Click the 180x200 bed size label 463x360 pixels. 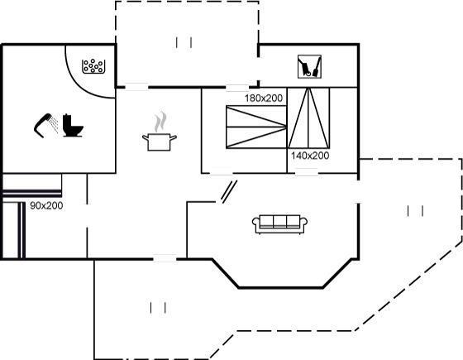coord(264,98)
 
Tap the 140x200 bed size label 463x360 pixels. coord(310,156)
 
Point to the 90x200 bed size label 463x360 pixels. coord(46,206)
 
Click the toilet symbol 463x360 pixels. coord(73,125)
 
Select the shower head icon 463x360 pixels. coord(45,124)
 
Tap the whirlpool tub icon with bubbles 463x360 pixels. coord(93,66)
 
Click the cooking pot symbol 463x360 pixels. coord(159,142)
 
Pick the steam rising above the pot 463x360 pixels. coord(160,122)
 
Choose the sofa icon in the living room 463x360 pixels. coord(279,224)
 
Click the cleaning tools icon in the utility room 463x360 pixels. coord(309,66)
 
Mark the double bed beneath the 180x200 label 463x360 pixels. coord(256,127)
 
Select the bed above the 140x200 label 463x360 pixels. coord(308,118)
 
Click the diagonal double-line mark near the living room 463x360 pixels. coord(229,192)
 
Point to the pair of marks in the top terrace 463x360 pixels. coord(184,42)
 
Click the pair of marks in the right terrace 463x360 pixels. coord(415,211)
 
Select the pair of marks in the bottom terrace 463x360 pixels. coord(158,308)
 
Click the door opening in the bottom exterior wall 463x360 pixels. coord(165,258)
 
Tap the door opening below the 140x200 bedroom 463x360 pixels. coord(307,173)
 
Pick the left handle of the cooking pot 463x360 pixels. coord(145,137)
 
